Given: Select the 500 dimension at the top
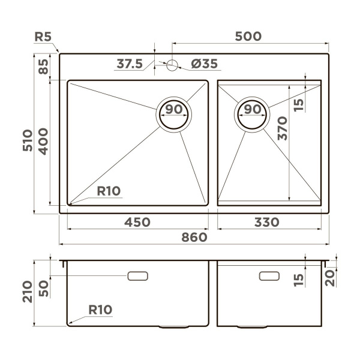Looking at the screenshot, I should [x=248, y=36].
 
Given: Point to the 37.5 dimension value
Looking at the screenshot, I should [x=130, y=64].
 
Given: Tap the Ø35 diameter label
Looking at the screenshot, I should [x=204, y=64].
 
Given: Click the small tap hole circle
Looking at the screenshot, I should [x=172, y=64].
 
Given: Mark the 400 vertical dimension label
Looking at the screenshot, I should [x=43, y=142].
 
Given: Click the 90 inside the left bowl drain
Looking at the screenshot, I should [x=174, y=109].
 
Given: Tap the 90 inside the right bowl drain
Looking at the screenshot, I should [x=254, y=109].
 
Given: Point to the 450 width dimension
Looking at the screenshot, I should [x=137, y=222].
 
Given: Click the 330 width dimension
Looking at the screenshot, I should [x=266, y=222].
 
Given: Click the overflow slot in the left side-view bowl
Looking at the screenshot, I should [x=138, y=275].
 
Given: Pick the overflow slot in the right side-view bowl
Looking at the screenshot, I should [x=268, y=275].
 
